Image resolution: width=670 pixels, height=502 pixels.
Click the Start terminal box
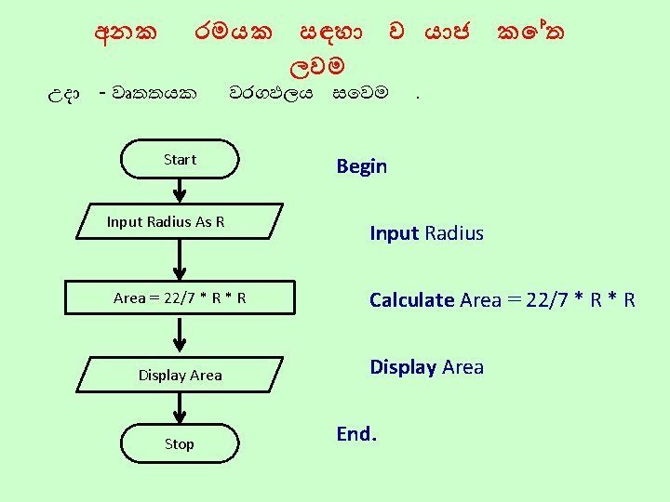click(x=180, y=159)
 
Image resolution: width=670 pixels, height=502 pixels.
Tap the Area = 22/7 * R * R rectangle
click(x=180, y=297)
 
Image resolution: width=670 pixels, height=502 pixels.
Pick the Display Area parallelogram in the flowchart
click(x=180, y=375)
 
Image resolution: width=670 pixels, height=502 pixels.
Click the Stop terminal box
click(x=180, y=443)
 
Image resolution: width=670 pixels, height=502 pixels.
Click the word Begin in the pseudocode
click(x=361, y=166)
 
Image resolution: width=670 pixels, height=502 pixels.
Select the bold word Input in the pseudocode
click(x=395, y=233)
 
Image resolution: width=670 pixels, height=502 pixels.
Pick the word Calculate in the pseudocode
click(x=411, y=300)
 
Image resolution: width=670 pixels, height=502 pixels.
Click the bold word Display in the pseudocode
click(x=403, y=367)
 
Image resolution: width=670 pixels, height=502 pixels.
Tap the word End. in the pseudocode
click(x=355, y=434)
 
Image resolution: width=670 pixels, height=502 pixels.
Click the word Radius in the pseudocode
click(x=454, y=233)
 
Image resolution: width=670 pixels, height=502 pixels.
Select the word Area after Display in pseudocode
click(x=462, y=367)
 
